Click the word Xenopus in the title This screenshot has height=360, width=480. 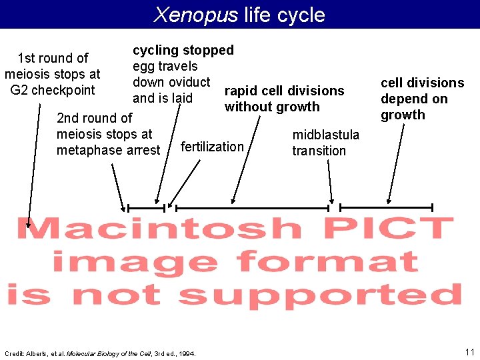pyautogui.click(x=195, y=15)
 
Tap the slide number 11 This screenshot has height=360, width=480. pyautogui.click(x=469, y=351)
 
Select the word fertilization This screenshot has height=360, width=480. pyautogui.click(x=212, y=147)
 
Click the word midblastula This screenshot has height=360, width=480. pyautogui.click(x=325, y=135)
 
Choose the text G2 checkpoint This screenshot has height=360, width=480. pyautogui.click(x=53, y=90)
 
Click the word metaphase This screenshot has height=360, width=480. pyautogui.click(x=109, y=150)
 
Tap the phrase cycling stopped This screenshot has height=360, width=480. pyautogui.click(x=183, y=50)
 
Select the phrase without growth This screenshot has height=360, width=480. pyautogui.click(x=272, y=107)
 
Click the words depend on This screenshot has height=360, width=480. pyautogui.click(x=413, y=99)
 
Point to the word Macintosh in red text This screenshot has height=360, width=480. pyautogui.click(x=159, y=229)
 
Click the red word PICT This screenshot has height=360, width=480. pyautogui.click(x=393, y=228)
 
